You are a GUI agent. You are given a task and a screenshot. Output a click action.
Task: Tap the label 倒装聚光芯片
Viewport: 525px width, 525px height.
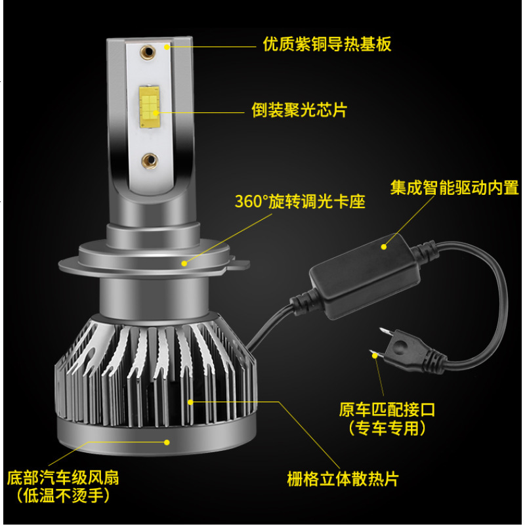click(299, 110)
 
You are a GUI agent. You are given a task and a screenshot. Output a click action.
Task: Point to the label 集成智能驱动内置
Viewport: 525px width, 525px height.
click(454, 188)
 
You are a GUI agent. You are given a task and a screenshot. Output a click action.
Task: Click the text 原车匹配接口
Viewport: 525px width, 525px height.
click(387, 411)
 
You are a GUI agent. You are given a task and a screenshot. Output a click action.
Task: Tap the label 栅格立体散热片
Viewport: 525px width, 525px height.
click(343, 478)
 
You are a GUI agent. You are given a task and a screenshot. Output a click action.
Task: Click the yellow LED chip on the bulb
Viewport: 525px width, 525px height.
click(150, 104)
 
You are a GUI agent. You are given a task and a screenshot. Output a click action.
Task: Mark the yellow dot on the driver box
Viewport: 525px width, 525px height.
click(385, 247)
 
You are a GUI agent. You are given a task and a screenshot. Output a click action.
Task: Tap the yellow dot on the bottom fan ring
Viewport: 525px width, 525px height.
click(168, 443)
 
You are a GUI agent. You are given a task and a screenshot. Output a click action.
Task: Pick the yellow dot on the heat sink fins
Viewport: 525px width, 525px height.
click(190, 399)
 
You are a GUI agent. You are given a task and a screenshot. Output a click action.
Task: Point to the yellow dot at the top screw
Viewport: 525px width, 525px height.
click(167, 46)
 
